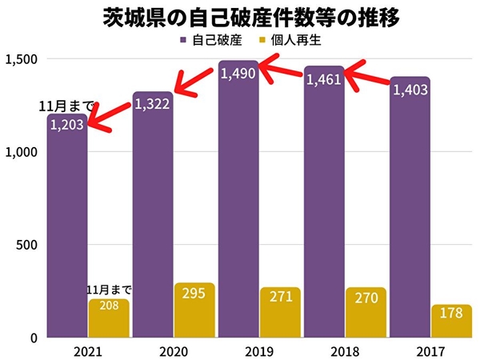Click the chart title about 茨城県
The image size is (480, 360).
240,17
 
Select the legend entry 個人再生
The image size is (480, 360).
290,39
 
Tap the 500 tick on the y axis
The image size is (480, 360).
27,245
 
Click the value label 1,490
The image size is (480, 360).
238,74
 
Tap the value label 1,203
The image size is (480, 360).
66,125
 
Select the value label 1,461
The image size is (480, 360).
324,79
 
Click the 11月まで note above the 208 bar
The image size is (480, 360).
110,290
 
